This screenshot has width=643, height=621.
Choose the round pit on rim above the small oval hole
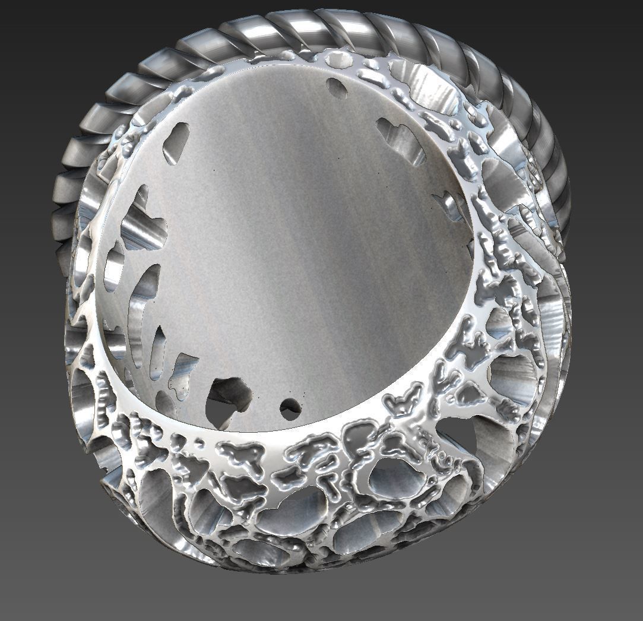[x=340, y=59]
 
